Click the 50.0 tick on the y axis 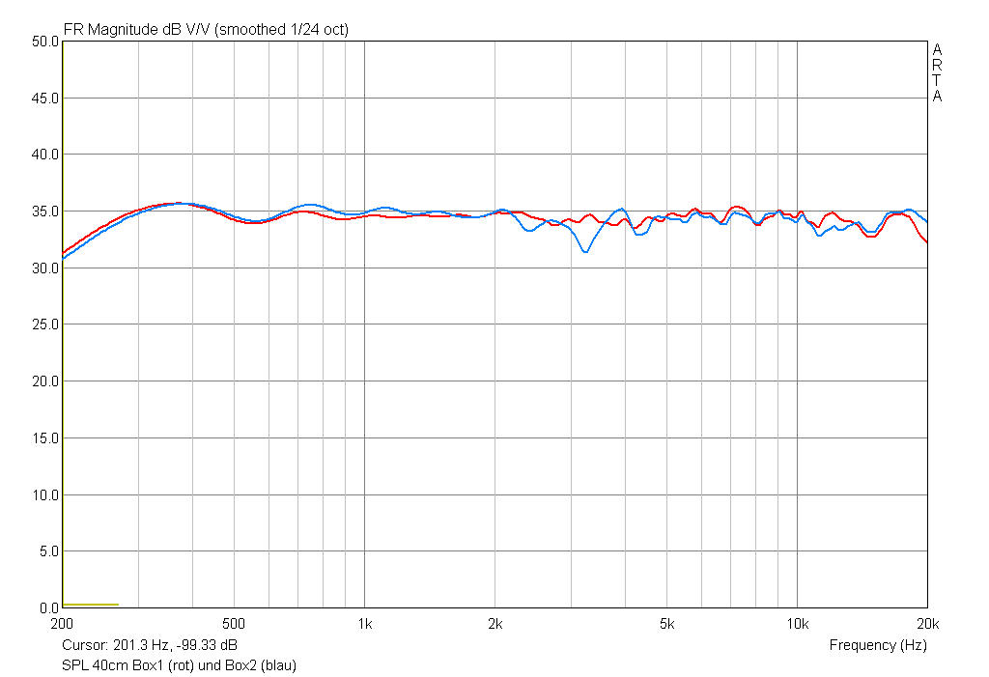[45, 42]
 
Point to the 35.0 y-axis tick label [45, 212]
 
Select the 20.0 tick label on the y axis [45, 381]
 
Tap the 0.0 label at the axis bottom [49, 608]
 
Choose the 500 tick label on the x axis [233, 624]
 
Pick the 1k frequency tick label [364, 624]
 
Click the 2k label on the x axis [494, 624]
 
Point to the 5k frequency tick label [667, 624]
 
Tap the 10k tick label [797, 624]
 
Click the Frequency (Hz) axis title [877, 645]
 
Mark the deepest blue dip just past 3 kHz [585, 252]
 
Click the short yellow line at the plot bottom [91, 605]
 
